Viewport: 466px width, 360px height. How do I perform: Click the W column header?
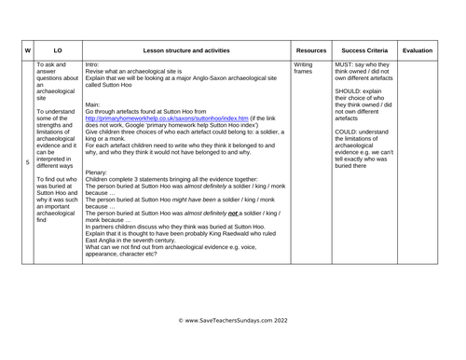(27, 48)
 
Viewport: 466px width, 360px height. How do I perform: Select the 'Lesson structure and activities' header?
(186, 48)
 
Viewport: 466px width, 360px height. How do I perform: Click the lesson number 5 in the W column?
(27, 161)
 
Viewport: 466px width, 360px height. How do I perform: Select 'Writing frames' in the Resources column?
(304, 68)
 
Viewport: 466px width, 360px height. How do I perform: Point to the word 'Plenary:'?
(108, 173)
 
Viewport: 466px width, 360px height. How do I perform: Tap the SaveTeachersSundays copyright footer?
(232, 320)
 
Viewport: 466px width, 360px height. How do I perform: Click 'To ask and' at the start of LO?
(57, 64)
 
